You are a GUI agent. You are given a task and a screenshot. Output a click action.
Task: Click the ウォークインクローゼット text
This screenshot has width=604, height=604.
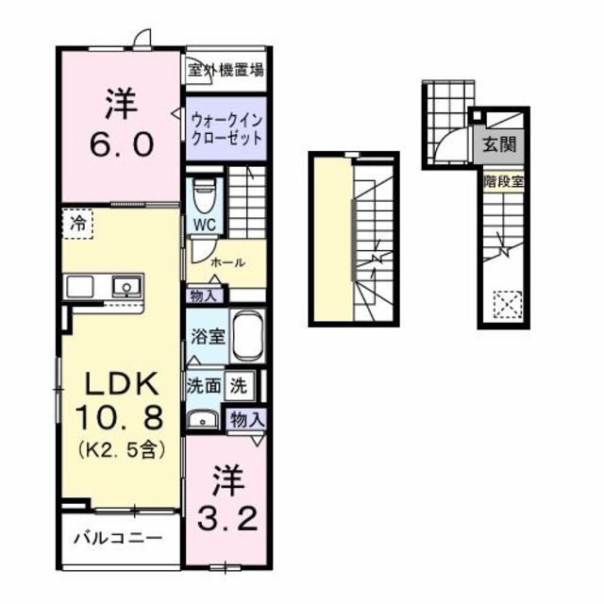coord(226,128)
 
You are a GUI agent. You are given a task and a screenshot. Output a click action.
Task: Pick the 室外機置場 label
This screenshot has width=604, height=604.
coord(225,69)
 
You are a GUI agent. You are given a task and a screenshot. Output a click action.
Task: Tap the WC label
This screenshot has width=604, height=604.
coord(204,224)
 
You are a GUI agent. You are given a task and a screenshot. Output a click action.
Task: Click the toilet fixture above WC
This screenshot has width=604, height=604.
coord(203,196)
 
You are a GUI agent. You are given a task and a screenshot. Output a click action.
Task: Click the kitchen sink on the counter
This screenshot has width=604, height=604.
coord(125,285)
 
